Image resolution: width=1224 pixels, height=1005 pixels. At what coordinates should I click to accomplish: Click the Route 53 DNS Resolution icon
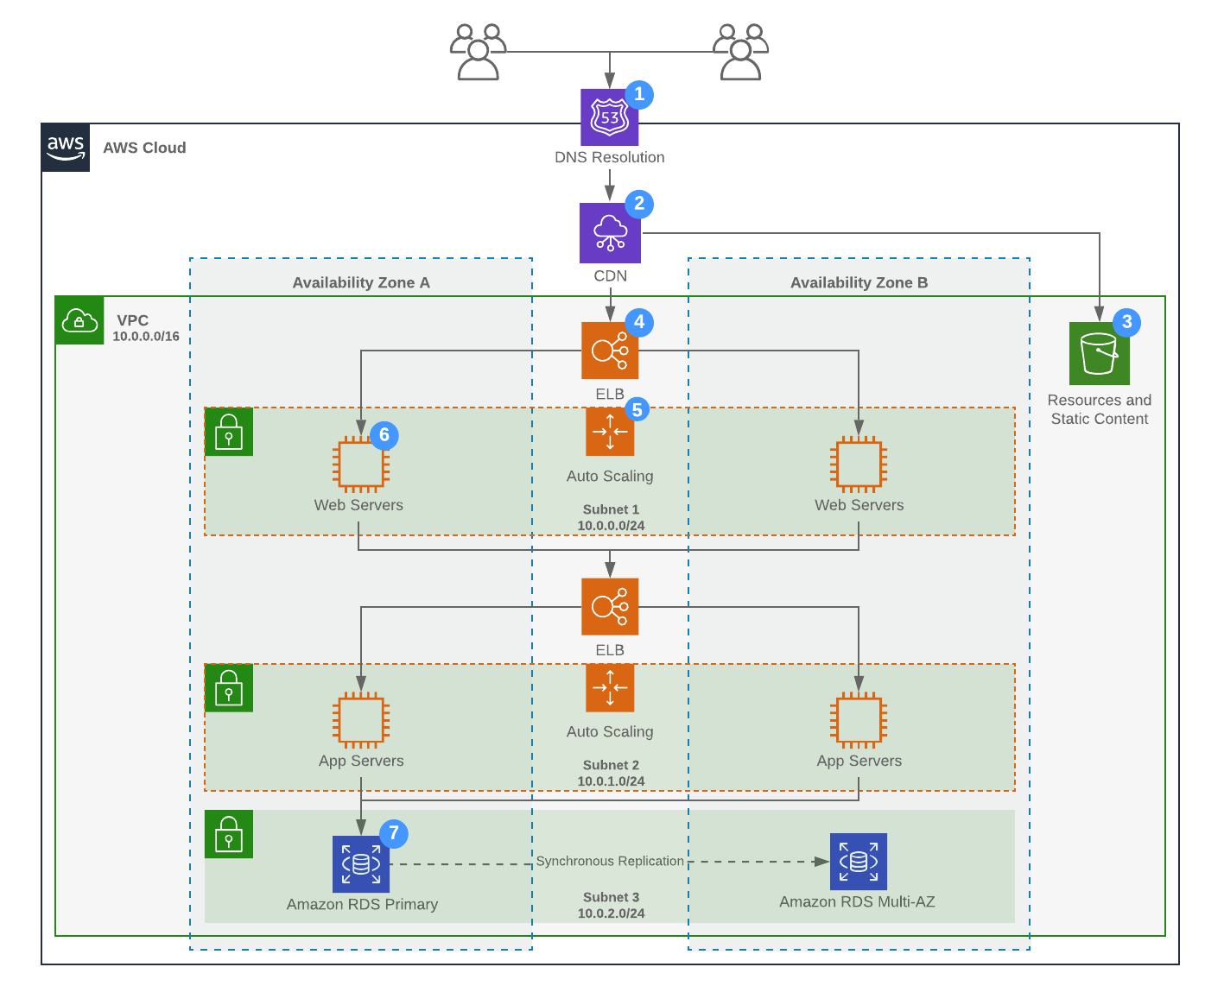(x=609, y=117)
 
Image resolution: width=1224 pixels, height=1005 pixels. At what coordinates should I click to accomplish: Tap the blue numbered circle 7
(x=394, y=833)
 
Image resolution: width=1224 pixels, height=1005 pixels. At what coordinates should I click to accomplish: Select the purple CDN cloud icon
(x=610, y=233)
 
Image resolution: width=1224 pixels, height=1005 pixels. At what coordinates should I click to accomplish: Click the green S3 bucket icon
(x=1099, y=354)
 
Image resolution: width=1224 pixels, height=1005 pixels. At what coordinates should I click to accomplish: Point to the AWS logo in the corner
(x=66, y=148)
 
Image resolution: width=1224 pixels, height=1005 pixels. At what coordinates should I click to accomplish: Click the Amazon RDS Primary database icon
(x=361, y=864)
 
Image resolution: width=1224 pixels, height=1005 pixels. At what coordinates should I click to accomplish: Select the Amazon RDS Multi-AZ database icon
(x=858, y=862)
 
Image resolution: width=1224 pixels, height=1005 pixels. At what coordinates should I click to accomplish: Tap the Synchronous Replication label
(x=610, y=861)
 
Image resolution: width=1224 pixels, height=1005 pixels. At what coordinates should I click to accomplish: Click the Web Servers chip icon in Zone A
(x=361, y=465)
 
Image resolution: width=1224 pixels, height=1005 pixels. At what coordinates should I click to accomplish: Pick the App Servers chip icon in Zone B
(x=859, y=720)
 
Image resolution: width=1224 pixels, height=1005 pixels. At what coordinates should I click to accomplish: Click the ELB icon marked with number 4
(x=610, y=351)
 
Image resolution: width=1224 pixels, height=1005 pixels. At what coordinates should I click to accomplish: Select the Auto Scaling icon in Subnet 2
(x=610, y=687)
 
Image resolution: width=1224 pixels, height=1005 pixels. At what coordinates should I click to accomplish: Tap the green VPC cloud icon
(x=79, y=320)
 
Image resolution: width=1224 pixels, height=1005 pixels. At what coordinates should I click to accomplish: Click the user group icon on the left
(x=477, y=52)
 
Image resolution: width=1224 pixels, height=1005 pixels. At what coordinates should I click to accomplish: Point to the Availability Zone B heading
(x=859, y=282)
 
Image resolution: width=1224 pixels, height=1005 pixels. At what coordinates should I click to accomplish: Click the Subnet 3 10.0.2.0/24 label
(x=611, y=905)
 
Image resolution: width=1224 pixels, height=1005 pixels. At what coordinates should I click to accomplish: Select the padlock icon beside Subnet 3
(x=229, y=834)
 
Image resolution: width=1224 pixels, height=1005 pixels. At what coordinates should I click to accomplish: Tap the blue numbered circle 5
(x=637, y=409)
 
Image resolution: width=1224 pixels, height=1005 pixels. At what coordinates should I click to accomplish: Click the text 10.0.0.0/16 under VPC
(x=146, y=337)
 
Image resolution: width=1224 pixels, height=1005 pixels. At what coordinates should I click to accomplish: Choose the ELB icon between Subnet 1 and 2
(x=610, y=607)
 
